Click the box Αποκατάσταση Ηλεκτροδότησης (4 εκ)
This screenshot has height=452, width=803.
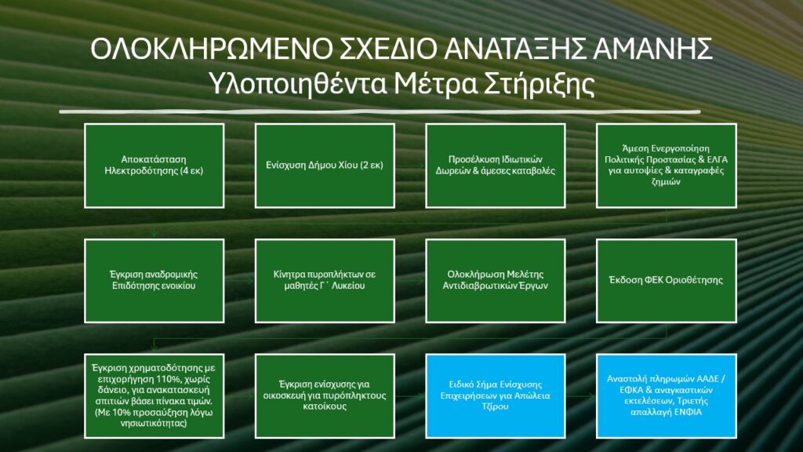coord(154,166)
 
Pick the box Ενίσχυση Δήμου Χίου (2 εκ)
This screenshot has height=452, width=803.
coord(325,166)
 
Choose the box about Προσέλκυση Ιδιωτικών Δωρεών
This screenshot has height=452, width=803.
coord(496,166)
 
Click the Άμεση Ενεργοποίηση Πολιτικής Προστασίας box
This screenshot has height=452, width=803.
coord(667,166)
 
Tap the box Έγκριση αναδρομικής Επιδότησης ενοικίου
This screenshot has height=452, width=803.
coord(154,281)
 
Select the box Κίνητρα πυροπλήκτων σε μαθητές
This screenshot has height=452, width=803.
coord(325,281)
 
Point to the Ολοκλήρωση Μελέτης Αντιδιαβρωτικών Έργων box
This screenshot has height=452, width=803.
coord(496,281)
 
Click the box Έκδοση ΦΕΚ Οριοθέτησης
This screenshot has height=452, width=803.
coord(667,281)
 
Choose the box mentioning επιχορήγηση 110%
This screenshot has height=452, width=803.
coord(154,396)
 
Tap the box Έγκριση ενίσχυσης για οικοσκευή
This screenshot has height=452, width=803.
coord(325,396)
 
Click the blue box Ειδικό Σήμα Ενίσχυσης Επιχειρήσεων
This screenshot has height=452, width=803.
coord(496,396)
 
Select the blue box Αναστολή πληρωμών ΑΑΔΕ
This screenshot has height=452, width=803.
coord(667,396)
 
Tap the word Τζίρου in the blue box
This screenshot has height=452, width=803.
coord(496,407)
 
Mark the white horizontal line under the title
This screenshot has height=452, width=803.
coord(380,111)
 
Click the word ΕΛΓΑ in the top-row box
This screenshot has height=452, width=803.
coord(716,160)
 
